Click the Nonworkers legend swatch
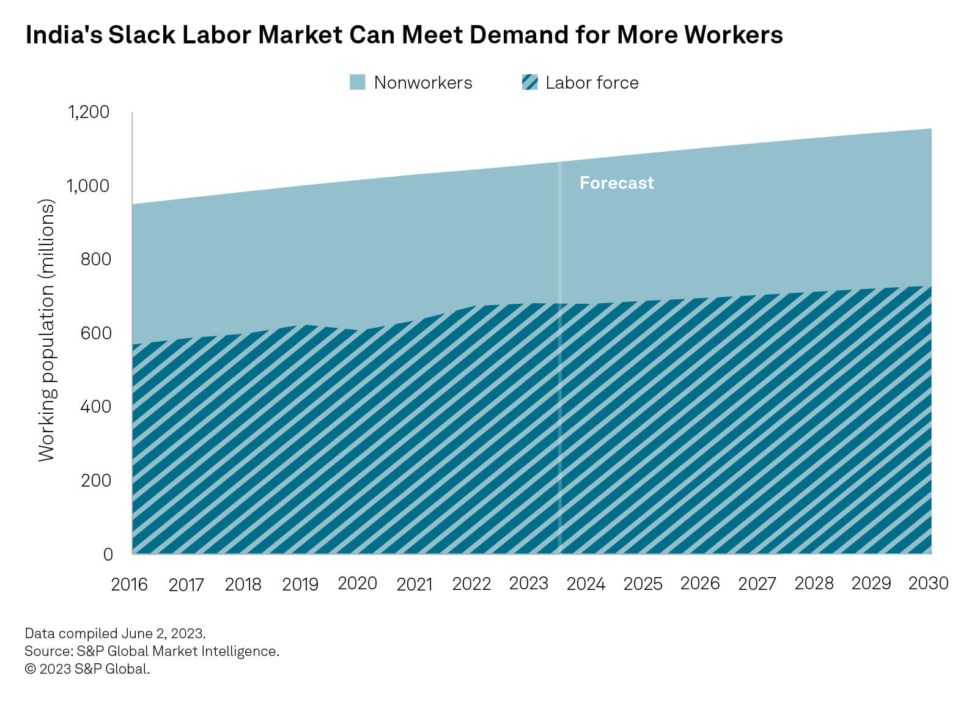pyautogui.click(x=358, y=83)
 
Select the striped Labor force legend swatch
pyautogui.click(x=530, y=83)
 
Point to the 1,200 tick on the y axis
pyautogui.click(x=89, y=112)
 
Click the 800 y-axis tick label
pyautogui.click(x=96, y=259)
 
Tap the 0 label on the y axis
pyautogui.click(x=108, y=554)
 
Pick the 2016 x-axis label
pyautogui.click(x=129, y=585)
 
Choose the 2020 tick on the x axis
pyautogui.click(x=358, y=584)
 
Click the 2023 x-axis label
pyautogui.click(x=529, y=584)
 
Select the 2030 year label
pyautogui.click(x=928, y=584)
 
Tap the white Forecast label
pyautogui.click(x=616, y=183)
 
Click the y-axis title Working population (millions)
pyautogui.click(x=46, y=330)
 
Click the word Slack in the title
pyautogui.click(x=142, y=35)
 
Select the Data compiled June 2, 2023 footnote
pyautogui.click(x=115, y=633)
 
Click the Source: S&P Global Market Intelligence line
pyautogui.click(x=152, y=651)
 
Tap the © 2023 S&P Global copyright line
pyautogui.click(x=87, y=669)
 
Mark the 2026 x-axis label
pyautogui.click(x=700, y=584)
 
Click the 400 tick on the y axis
pyautogui.click(x=96, y=407)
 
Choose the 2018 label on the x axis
pyautogui.click(x=243, y=585)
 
